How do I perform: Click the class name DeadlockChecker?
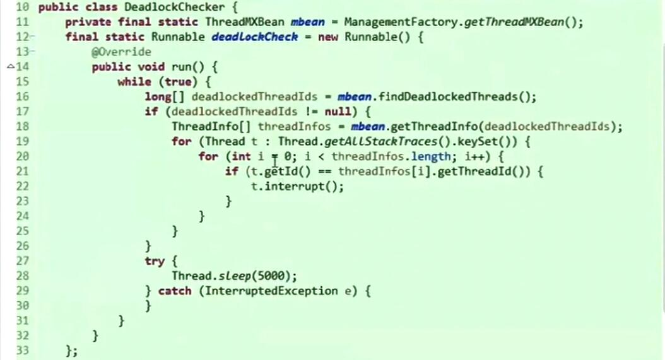click(x=175, y=8)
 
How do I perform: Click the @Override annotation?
click(x=121, y=52)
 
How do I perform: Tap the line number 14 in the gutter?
click(x=22, y=67)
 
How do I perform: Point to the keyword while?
click(x=134, y=82)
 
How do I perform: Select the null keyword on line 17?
click(x=334, y=112)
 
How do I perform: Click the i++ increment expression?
click(x=478, y=156)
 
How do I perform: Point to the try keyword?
click(x=154, y=260)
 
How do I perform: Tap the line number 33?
click(x=22, y=350)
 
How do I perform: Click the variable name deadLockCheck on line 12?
click(x=254, y=37)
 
